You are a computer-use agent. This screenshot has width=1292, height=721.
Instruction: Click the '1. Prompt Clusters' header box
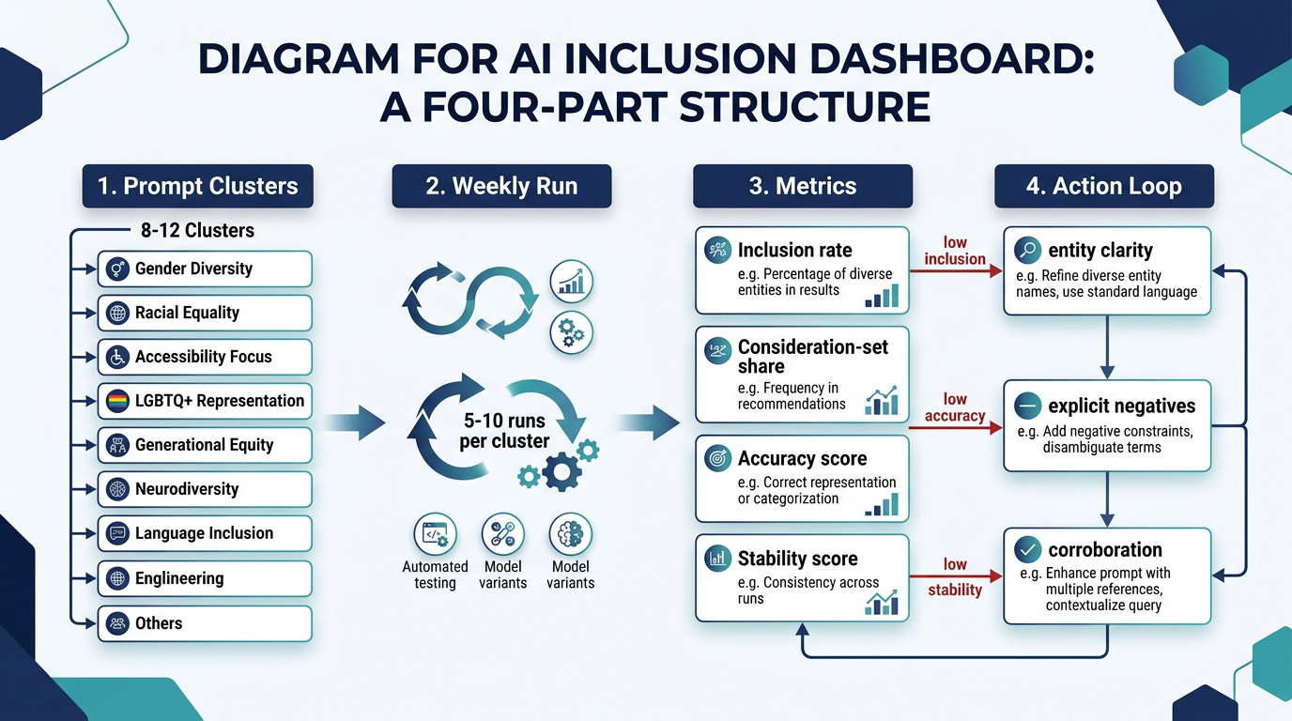click(x=197, y=186)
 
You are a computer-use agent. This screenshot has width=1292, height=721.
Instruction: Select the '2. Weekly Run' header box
click(x=501, y=186)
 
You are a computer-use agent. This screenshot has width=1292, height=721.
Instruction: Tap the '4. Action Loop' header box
click(x=1103, y=186)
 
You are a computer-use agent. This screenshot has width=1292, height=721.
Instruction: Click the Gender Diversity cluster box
click(x=205, y=268)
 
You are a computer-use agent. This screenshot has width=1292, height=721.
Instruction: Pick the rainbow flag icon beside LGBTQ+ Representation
click(x=118, y=401)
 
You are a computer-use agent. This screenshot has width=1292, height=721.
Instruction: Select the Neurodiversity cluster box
click(x=205, y=489)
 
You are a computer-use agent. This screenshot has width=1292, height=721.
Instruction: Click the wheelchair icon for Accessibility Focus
click(x=118, y=357)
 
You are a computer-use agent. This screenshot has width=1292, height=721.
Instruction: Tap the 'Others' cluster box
click(x=205, y=622)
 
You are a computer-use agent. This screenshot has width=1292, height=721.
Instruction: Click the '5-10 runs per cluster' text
click(x=504, y=431)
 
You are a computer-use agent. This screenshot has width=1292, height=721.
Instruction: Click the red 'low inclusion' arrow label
click(x=955, y=251)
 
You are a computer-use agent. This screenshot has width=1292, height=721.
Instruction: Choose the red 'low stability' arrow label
click(x=955, y=576)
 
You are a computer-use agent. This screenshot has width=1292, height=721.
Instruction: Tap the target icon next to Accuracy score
click(x=718, y=458)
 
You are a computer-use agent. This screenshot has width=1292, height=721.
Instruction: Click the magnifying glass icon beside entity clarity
click(x=1027, y=250)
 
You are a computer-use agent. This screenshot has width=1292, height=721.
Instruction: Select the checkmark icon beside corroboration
click(x=1027, y=550)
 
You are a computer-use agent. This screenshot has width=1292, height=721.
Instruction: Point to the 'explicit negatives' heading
click(x=1121, y=406)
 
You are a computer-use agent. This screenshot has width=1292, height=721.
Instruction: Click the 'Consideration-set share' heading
click(x=812, y=356)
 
